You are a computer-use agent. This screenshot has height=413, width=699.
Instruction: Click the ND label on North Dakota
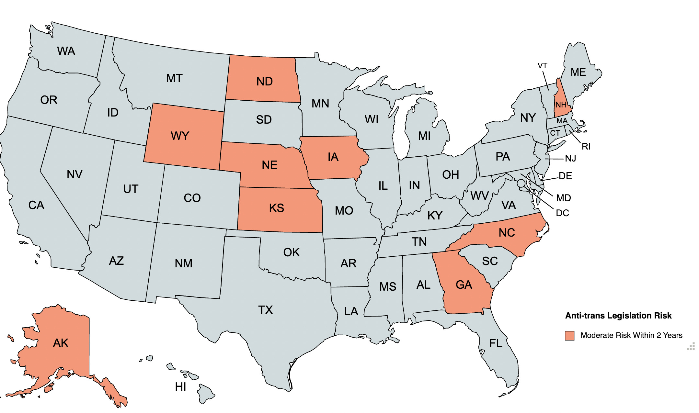264,82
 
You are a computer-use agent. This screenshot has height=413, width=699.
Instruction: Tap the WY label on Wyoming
180,136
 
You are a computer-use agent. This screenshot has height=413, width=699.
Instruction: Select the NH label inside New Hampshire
561,105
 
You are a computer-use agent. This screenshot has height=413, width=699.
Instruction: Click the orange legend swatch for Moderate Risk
569,336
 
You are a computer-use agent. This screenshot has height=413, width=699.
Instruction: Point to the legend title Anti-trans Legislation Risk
618,316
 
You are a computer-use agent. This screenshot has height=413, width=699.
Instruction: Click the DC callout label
562,213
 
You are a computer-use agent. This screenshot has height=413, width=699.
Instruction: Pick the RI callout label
586,147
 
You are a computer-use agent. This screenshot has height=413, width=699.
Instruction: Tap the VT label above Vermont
542,66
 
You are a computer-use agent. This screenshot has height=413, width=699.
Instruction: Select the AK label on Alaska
61,343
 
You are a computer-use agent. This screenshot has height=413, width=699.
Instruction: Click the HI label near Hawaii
180,386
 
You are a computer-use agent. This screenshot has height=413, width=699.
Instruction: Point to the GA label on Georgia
464,285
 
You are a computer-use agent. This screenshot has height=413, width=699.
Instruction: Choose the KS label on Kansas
276,208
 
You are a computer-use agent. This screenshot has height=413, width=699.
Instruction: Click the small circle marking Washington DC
521,184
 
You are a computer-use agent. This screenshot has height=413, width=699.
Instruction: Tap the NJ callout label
570,158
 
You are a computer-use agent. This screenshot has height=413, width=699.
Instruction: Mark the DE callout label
565,176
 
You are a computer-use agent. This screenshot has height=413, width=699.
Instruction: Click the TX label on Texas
265,310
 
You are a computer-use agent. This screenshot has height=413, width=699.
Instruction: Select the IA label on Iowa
333,157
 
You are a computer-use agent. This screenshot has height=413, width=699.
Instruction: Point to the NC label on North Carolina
507,232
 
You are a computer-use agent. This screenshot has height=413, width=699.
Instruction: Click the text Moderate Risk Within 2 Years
631,335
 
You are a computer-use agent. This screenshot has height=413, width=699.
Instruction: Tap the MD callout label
563,198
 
